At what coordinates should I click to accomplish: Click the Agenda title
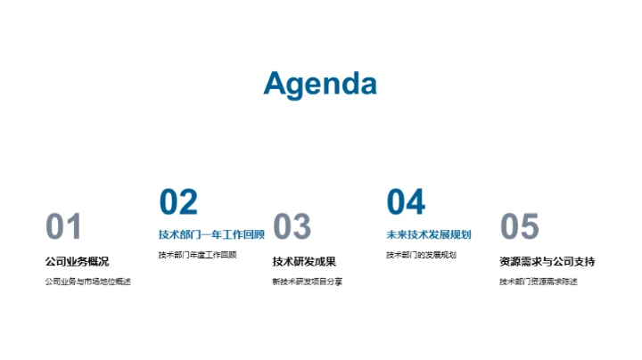click(x=320, y=84)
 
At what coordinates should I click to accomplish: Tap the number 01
click(x=63, y=227)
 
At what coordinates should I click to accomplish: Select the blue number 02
click(x=178, y=202)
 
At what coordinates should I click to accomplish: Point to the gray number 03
click(x=292, y=227)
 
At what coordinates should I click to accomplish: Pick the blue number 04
click(x=406, y=202)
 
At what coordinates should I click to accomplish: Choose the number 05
click(x=520, y=227)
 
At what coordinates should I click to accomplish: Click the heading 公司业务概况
click(x=77, y=262)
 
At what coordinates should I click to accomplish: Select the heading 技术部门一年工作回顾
click(x=211, y=235)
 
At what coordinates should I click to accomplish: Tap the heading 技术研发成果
click(x=304, y=262)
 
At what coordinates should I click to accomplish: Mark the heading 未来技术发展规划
click(x=428, y=235)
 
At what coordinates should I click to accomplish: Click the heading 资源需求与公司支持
click(x=547, y=262)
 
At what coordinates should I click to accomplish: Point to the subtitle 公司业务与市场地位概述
click(x=87, y=282)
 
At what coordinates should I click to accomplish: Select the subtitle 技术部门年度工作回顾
click(x=197, y=255)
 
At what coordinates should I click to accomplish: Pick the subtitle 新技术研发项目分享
click(x=307, y=282)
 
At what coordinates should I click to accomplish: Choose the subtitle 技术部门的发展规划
click(x=421, y=255)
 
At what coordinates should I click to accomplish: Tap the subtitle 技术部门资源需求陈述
click(x=538, y=282)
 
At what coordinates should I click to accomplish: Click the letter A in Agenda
click(x=276, y=84)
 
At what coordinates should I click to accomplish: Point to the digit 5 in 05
click(x=531, y=227)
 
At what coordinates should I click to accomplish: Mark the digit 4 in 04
click(x=416, y=202)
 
